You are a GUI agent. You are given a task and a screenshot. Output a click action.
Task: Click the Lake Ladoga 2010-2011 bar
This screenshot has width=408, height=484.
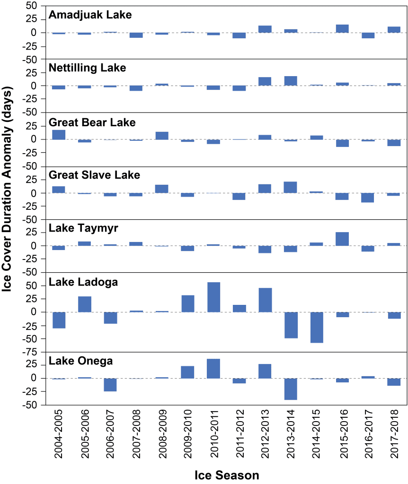click(x=213, y=297)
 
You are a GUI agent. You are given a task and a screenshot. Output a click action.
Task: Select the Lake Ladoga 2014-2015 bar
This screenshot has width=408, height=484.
click(x=317, y=327)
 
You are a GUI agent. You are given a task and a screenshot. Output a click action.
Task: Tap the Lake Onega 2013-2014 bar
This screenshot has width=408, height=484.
click(x=291, y=389)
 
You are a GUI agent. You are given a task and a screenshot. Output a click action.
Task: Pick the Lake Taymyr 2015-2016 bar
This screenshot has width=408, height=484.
click(x=342, y=239)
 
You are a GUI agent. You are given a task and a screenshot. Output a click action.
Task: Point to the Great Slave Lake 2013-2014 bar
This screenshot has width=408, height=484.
click(x=291, y=187)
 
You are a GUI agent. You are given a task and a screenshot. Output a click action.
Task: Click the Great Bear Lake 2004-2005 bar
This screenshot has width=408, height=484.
click(x=59, y=134)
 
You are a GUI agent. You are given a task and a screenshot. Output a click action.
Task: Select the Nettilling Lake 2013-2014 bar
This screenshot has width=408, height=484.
click(x=291, y=81)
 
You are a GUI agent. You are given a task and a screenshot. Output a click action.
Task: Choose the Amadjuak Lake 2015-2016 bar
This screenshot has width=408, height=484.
click(x=342, y=28)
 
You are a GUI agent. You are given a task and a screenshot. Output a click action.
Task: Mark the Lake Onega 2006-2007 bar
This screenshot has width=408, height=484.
click(x=110, y=384)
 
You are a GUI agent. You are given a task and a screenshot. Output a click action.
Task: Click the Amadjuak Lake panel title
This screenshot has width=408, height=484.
click(x=90, y=15)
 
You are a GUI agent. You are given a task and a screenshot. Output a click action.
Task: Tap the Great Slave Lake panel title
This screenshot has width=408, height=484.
click(x=95, y=175)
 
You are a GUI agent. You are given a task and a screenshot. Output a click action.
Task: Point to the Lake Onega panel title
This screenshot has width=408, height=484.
click(x=80, y=362)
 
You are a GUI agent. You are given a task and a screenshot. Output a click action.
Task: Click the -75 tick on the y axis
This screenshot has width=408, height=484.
click(x=34, y=352)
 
